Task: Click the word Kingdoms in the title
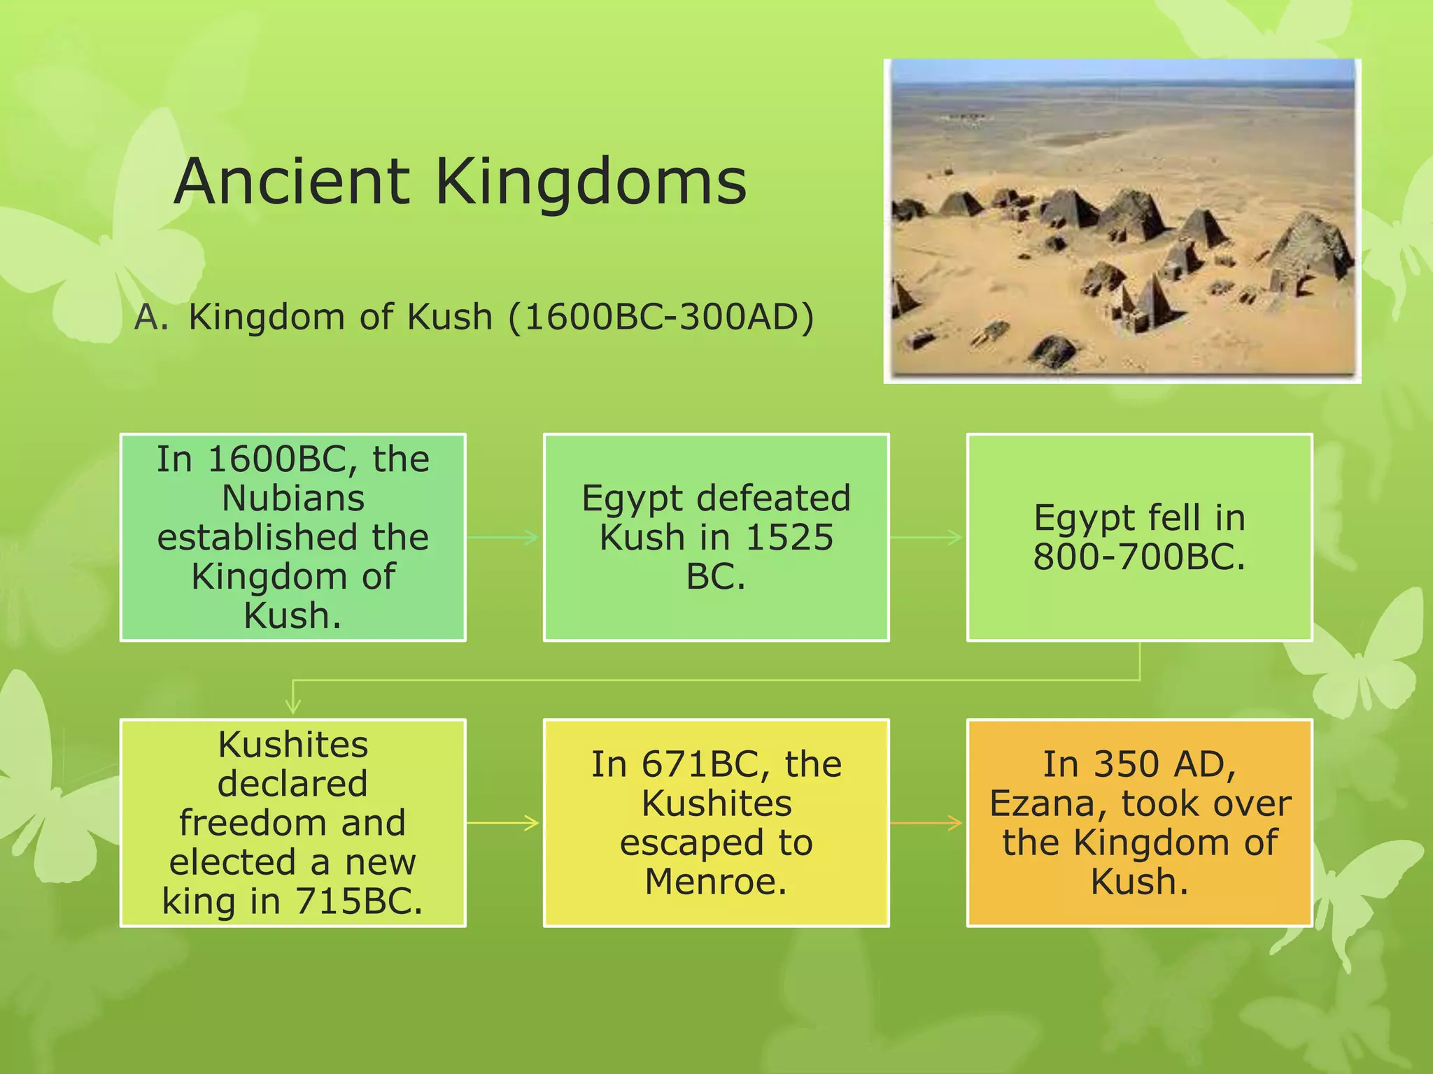[x=591, y=183]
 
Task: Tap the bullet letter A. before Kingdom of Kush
[x=151, y=317]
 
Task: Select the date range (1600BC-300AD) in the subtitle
[x=661, y=317]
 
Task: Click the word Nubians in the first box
[x=293, y=499]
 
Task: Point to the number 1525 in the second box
[x=789, y=538]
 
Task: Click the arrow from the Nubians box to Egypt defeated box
[x=504, y=538]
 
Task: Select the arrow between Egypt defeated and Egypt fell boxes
[x=927, y=538]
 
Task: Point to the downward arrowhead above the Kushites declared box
[x=293, y=705]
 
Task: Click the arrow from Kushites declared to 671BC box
[x=504, y=823]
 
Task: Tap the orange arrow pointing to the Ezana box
[x=927, y=823]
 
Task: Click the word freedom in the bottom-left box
[x=292, y=823]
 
